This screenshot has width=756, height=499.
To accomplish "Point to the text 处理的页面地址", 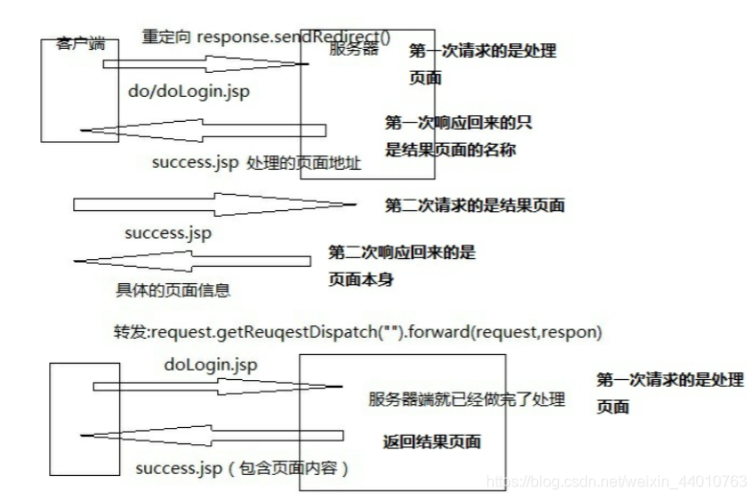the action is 304,163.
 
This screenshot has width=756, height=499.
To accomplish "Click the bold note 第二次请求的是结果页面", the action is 475,205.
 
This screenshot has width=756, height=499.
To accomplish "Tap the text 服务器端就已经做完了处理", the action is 467,398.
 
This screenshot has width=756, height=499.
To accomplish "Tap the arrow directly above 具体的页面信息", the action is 192,262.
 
